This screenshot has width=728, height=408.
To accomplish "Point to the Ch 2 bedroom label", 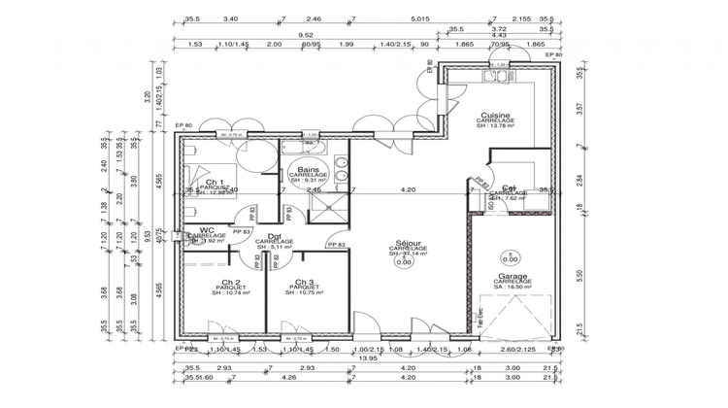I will pyautogui.click(x=230, y=282).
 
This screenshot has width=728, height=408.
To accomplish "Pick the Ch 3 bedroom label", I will pyautogui.click(x=304, y=282).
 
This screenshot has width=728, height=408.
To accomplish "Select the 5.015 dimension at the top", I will pyautogui.click(x=420, y=18).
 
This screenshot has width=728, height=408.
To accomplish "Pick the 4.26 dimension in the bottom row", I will pyautogui.click(x=261, y=378).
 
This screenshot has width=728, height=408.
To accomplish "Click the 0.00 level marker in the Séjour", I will pyautogui.click(x=403, y=261).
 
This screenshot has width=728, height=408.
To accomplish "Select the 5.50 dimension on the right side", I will pyautogui.click(x=580, y=276).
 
